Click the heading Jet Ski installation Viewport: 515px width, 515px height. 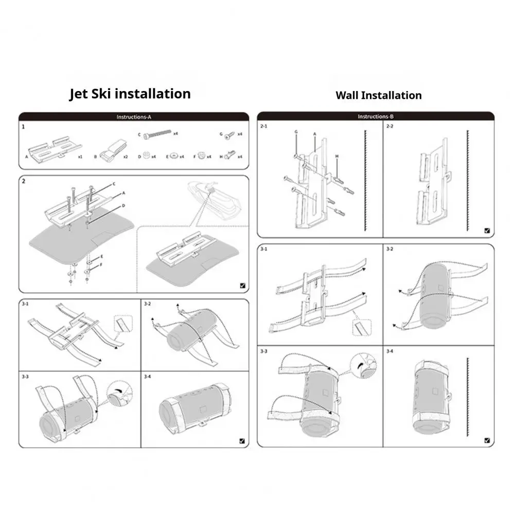coord(130,94)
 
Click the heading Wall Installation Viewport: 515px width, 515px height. coord(378,95)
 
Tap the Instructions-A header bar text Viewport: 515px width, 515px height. coord(134,117)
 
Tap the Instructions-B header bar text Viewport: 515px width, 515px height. coord(375,117)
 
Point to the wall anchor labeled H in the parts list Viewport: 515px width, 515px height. coord(230,154)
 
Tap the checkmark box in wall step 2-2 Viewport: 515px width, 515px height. coord(487,232)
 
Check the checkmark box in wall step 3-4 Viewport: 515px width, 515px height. coord(487,440)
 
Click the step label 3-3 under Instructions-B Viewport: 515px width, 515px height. coord(264,351)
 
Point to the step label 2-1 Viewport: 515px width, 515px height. coord(264,127)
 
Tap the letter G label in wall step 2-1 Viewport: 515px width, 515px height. coord(296,132)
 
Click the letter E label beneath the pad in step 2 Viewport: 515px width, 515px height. coord(102,256)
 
